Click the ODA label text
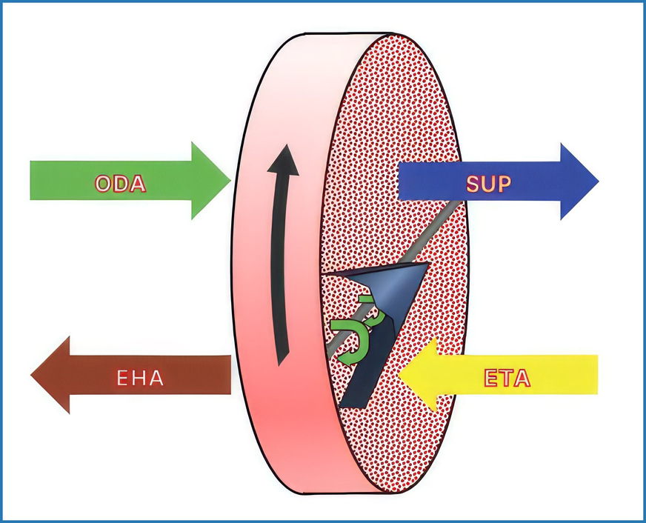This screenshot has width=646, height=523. pyautogui.click(x=120, y=184)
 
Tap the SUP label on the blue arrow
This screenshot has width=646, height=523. pyautogui.click(x=489, y=184)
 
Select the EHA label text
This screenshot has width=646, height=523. pyautogui.click(x=140, y=378)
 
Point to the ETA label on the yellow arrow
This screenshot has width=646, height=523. pyautogui.click(x=507, y=378)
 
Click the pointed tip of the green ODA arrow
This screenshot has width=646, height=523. pyautogui.click(x=230, y=180)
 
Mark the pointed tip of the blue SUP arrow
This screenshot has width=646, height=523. pyautogui.click(x=598, y=181)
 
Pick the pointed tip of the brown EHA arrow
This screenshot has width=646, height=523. pyautogui.click(x=31, y=375)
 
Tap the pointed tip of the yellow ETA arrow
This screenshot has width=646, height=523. pyautogui.click(x=399, y=375)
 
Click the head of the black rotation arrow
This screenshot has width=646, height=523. pyautogui.click(x=284, y=159)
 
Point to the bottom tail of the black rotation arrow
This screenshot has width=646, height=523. pyautogui.click(x=280, y=364)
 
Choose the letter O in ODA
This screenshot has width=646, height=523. pyautogui.click(x=103, y=184)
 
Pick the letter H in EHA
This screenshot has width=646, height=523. pyautogui.click(x=140, y=378)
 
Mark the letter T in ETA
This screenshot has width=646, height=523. pyautogui.click(x=507, y=378)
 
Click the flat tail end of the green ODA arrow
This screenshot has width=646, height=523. pyautogui.click(x=31, y=180)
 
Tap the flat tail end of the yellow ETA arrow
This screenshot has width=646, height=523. pyautogui.click(x=597, y=375)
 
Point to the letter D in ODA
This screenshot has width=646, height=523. pyautogui.click(x=122, y=184)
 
